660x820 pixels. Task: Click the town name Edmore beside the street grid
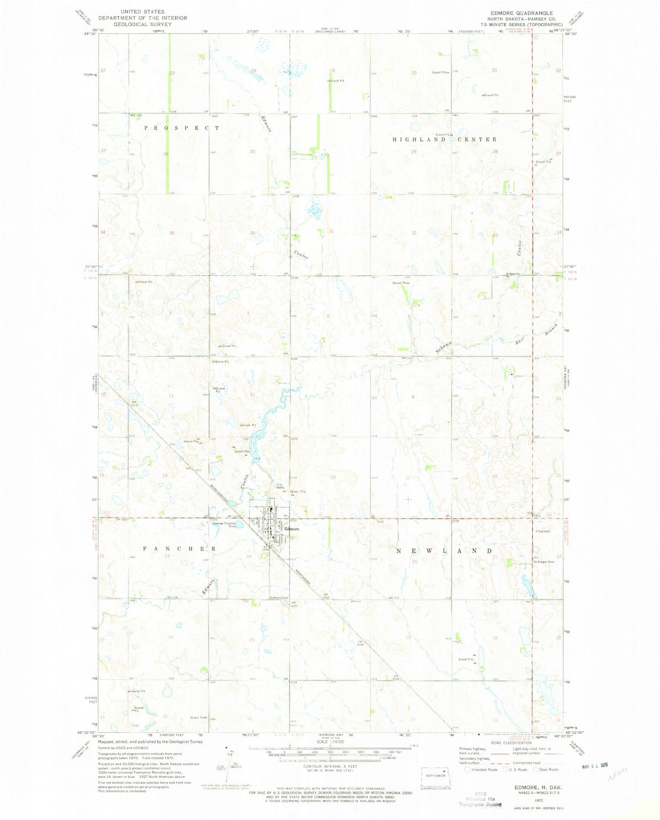coord(292,529)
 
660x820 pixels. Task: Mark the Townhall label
coord(543,531)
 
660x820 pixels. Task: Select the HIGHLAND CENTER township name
coord(444,139)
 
